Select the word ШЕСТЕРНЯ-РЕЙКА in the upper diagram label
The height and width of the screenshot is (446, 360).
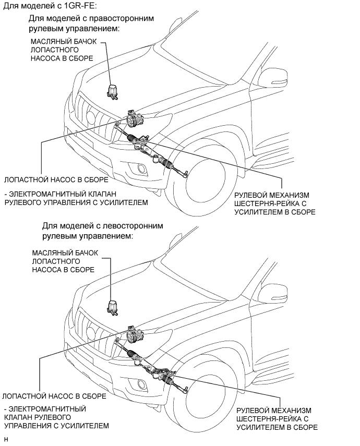click(266, 203)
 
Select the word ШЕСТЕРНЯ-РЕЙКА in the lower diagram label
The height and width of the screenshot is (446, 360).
click(268, 419)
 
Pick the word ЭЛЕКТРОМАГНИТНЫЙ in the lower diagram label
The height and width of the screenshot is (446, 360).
click(46, 409)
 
